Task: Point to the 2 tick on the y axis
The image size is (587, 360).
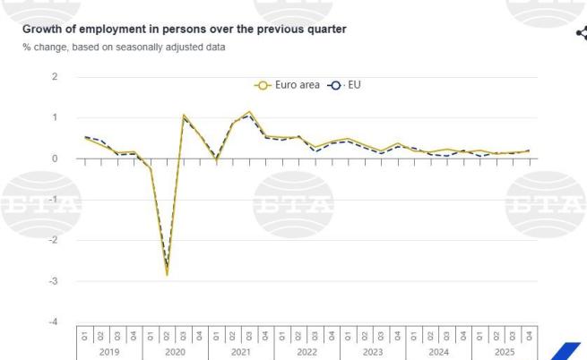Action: tap(55, 77)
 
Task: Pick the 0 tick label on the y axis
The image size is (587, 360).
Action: tap(55, 159)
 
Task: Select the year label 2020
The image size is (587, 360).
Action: tap(175, 352)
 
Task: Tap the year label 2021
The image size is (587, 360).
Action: tap(241, 352)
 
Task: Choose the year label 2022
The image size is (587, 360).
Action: tap(306, 352)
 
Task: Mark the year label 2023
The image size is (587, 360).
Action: tap(373, 352)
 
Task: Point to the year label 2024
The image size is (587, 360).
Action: tap(438, 352)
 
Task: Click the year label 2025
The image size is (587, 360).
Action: tap(505, 352)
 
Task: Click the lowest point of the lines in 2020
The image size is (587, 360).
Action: tap(167, 274)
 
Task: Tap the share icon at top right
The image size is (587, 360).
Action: tap(581, 33)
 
